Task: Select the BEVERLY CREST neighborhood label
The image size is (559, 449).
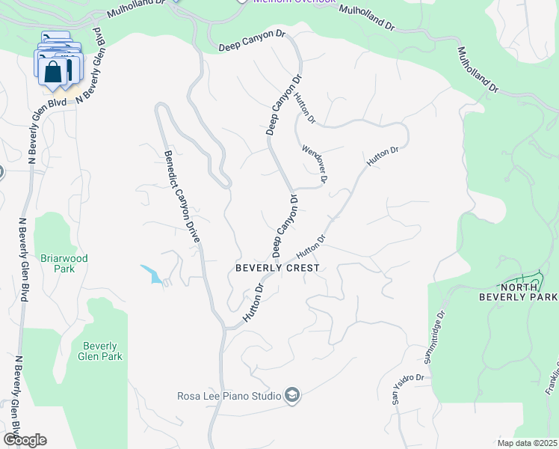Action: [277, 268]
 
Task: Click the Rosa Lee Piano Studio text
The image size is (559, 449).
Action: [229, 396]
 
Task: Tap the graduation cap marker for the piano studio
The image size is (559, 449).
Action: [292, 396]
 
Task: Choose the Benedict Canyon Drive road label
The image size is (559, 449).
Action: [182, 197]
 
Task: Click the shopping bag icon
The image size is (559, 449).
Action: [54, 73]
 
